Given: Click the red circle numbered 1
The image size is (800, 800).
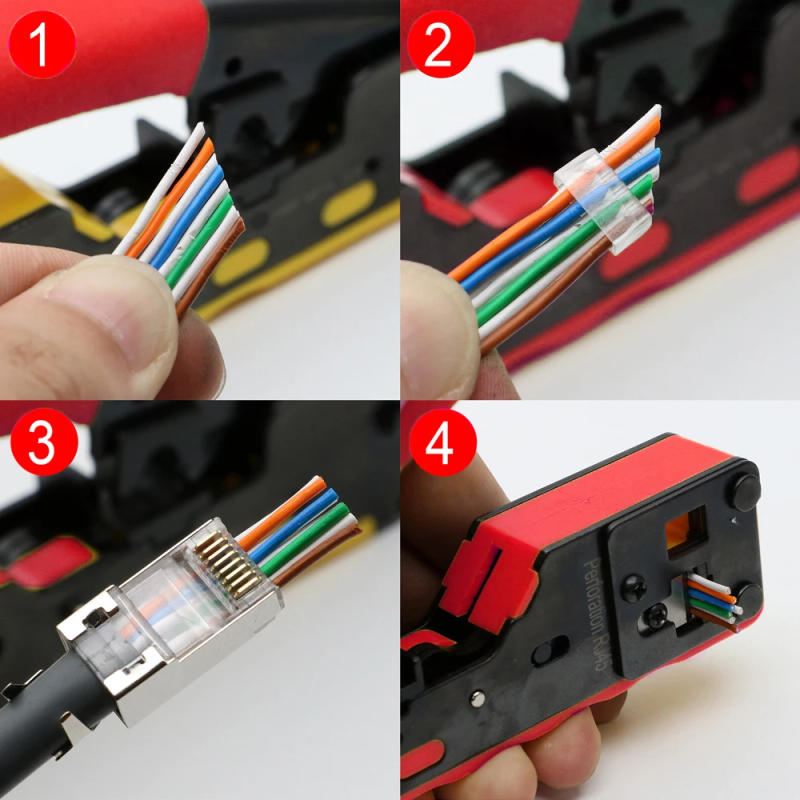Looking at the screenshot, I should coord(41,43).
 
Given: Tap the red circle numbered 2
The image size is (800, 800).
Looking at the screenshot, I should coord(438,43).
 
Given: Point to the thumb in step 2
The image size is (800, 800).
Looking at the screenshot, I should coord(440,330).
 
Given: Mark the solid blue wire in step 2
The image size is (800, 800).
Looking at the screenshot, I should coord(560,215).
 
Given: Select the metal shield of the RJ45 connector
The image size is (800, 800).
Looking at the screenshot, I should coord(110,660).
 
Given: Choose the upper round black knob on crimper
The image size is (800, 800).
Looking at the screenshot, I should coord(744,492).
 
